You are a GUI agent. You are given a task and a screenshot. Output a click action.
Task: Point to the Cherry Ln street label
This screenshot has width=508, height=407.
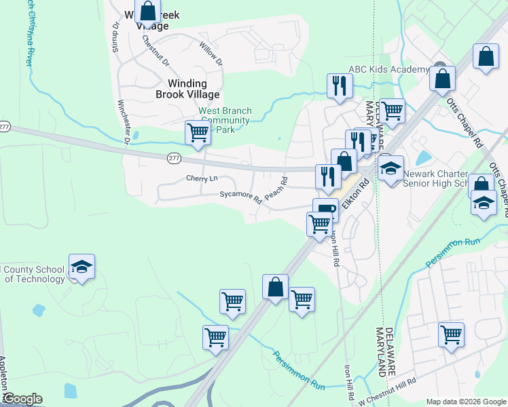coord(202,178)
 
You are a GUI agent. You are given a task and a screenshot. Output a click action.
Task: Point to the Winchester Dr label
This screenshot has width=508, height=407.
coord(123,122)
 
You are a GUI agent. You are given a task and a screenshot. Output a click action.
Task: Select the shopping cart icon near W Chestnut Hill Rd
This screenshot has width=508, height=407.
coord(451,334)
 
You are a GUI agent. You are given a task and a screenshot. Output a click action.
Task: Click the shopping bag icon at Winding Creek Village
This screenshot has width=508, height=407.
coord(147,12)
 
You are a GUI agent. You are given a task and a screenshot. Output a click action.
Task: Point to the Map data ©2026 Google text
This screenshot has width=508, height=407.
coord(465,401)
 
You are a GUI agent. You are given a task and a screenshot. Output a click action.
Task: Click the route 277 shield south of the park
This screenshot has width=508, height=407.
coord(173,158)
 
